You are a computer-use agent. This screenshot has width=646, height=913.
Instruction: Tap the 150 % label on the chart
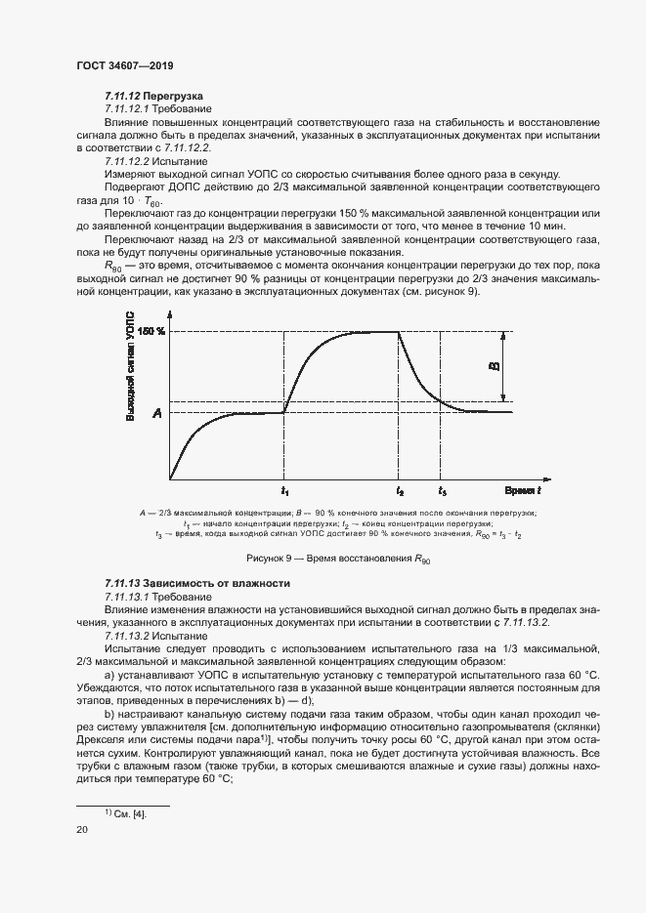pos(151,331)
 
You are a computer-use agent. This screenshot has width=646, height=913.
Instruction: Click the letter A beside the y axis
pos(156,414)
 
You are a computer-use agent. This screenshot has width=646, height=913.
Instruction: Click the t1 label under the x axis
pos(284,490)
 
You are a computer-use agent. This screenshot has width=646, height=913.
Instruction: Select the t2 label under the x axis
pos(400,490)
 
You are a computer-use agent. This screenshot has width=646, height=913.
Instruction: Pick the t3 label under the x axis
pos(443,490)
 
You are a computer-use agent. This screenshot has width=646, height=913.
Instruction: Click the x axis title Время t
pos(524,489)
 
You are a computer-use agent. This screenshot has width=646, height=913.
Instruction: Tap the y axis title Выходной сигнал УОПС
pos(129,367)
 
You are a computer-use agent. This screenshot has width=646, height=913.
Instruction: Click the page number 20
pos(81,830)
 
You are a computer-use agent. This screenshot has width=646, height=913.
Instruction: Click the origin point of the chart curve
pos(171,478)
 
